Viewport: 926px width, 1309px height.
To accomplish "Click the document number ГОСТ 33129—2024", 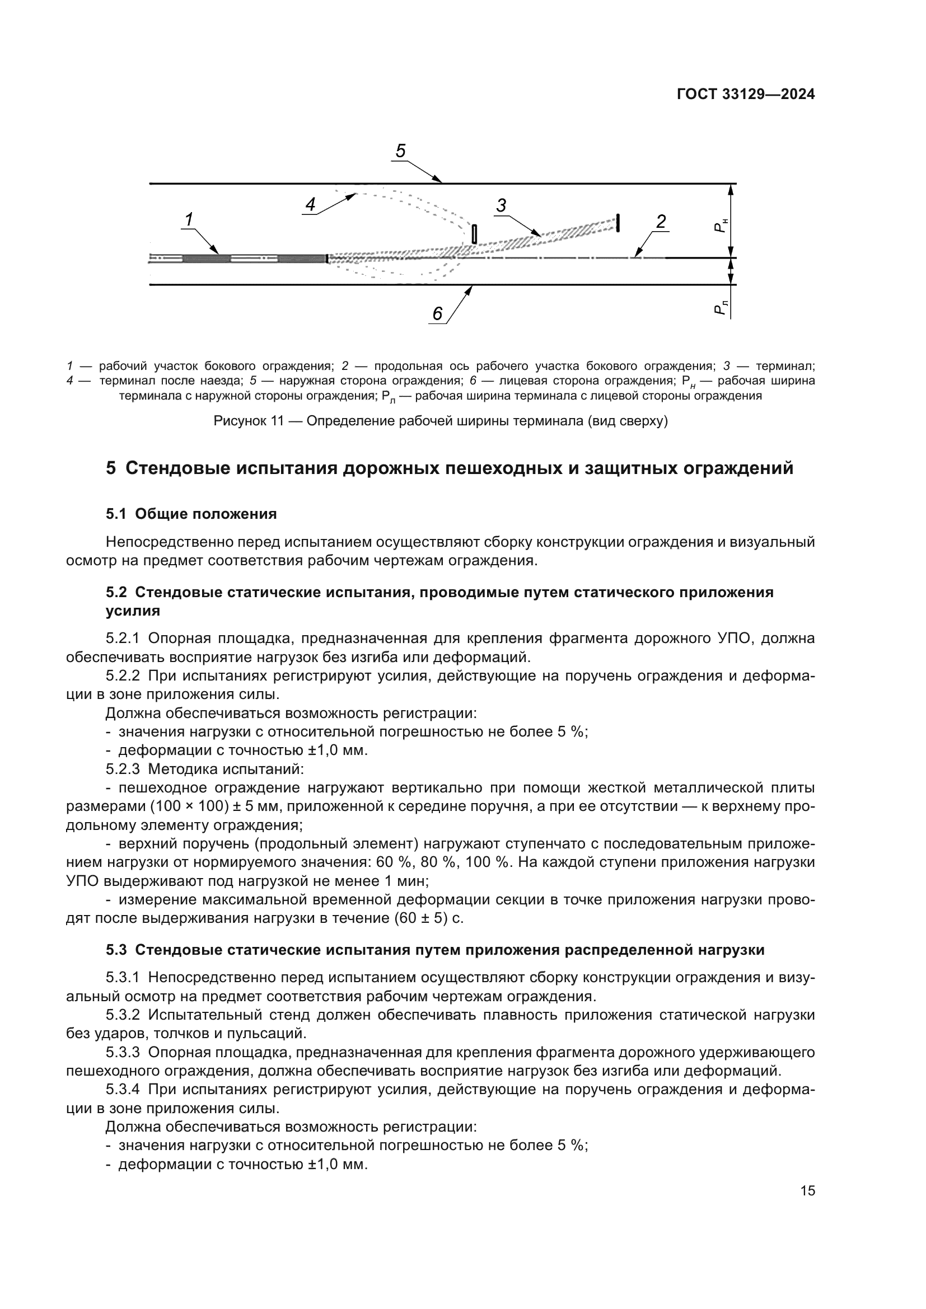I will tap(745, 95).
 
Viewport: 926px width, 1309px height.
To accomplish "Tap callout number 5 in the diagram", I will tap(400, 151).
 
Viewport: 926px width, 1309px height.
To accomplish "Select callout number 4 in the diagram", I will tap(310, 204).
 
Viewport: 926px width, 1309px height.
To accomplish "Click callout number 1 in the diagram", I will tap(189, 219).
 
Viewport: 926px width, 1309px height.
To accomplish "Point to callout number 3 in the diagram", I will tap(501, 205).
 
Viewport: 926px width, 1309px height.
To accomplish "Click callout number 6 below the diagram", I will tap(437, 313).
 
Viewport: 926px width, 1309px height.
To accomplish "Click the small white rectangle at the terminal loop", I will tap(474, 234).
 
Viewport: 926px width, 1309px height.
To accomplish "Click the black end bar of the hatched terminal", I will tap(618, 223).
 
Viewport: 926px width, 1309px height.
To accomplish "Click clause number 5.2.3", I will tap(123, 769).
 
